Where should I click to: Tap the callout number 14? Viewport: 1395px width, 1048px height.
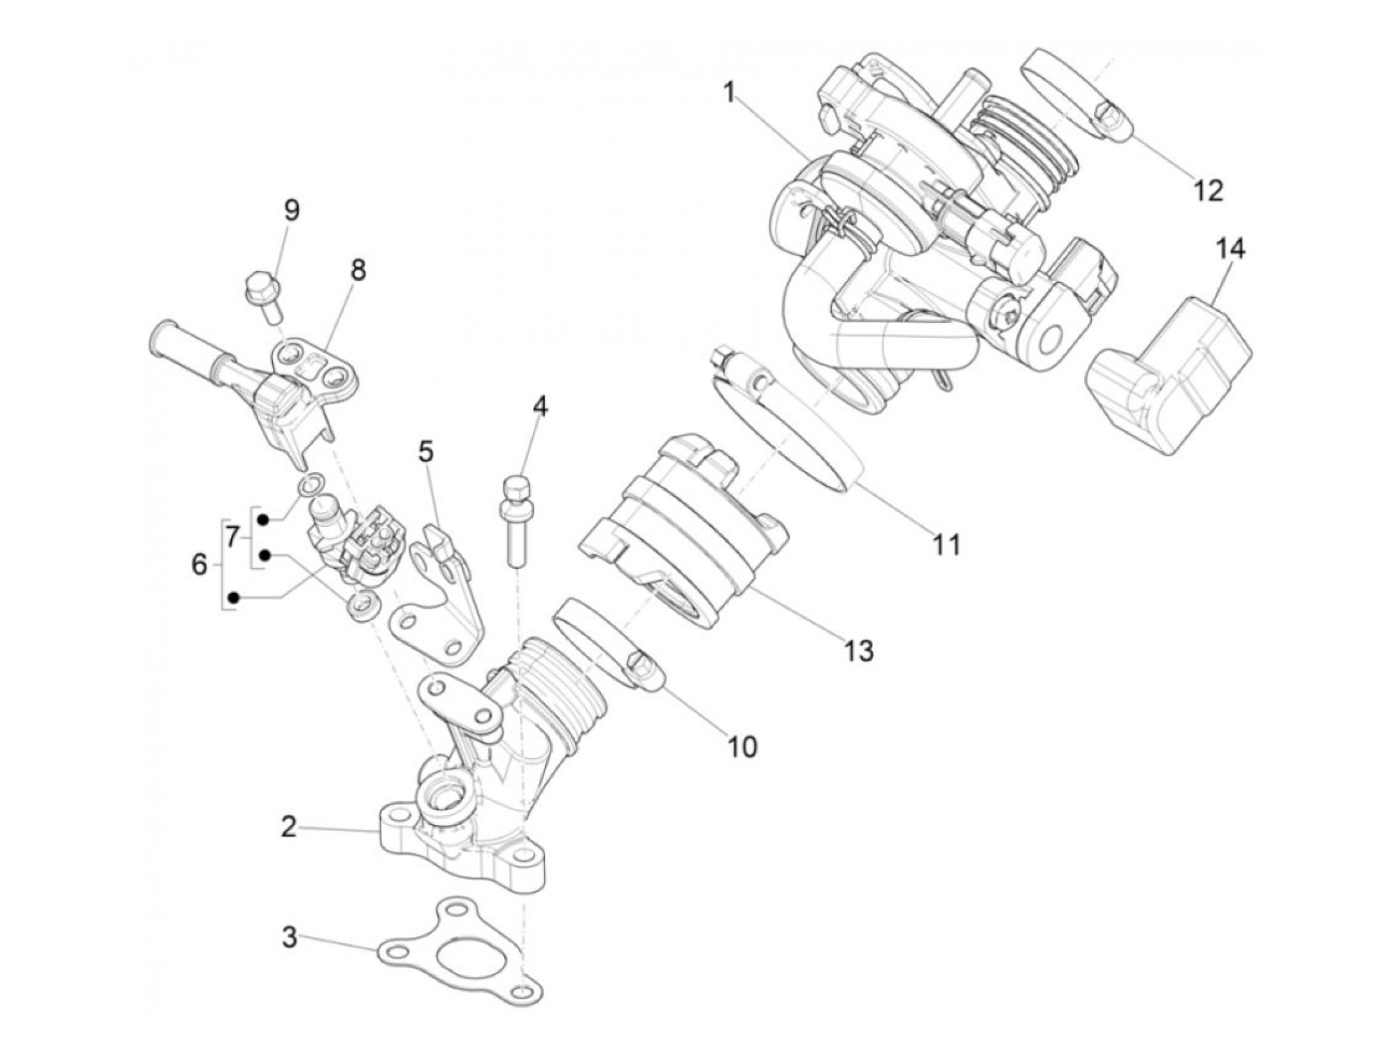click(1230, 248)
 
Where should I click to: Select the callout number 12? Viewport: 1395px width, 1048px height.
click(1208, 189)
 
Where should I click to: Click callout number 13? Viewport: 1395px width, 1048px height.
click(858, 651)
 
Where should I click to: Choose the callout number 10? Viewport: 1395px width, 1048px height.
click(743, 745)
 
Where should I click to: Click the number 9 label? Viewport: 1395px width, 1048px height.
click(291, 210)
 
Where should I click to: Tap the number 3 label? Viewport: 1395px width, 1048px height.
click(288, 937)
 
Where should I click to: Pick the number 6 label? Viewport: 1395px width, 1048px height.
click(200, 565)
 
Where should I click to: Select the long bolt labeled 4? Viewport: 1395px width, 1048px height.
click(515, 518)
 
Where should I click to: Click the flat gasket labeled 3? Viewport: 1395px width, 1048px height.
click(458, 947)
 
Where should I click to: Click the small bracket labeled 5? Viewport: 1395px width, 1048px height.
click(435, 598)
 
